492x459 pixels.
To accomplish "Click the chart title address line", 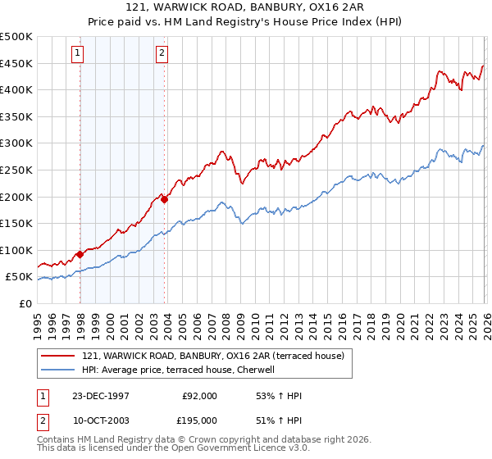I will (x=245, y=7).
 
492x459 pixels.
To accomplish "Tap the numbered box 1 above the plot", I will (x=77, y=54).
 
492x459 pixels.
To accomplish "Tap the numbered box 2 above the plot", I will (x=162, y=54).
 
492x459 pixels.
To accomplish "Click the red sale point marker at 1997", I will (x=80, y=254).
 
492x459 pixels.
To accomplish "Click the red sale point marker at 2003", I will (x=165, y=199).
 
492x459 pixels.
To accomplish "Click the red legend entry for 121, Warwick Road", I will (x=217, y=355).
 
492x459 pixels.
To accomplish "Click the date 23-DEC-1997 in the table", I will (x=101, y=396).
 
